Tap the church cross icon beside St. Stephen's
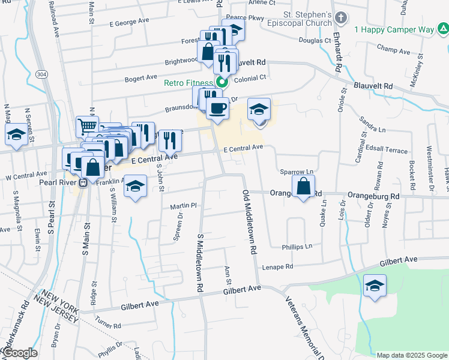click(x=340, y=18)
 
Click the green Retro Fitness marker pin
click(x=221, y=82)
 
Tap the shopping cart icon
click(x=87, y=127)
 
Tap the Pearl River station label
click(x=60, y=182)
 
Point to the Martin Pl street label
click(x=183, y=206)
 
